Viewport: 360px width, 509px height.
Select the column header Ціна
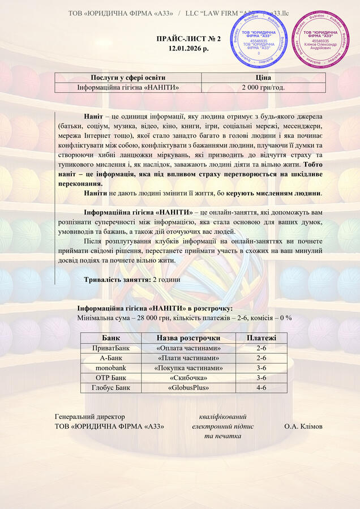[x=264, y=78]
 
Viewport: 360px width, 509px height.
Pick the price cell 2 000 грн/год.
[x=264, y=87]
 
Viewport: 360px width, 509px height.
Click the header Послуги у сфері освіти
[x=128, y=78]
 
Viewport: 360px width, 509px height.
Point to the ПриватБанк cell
[x=111, y=348]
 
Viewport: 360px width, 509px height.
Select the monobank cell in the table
[x=111, y=368]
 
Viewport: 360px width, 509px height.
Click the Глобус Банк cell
[x=111, y=388]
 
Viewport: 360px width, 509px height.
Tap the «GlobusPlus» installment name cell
[x=188, y=388]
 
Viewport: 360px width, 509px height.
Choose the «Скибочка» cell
[x=188, y=378]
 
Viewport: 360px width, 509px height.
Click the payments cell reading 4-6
[x=262, y=388]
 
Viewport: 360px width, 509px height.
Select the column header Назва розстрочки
[x=188, y=338]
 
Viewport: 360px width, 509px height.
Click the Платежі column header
[x=262, y=338]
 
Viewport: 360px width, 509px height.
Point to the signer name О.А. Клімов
[x=303, y=426]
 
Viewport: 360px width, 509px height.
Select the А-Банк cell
[x=111, y=358]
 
